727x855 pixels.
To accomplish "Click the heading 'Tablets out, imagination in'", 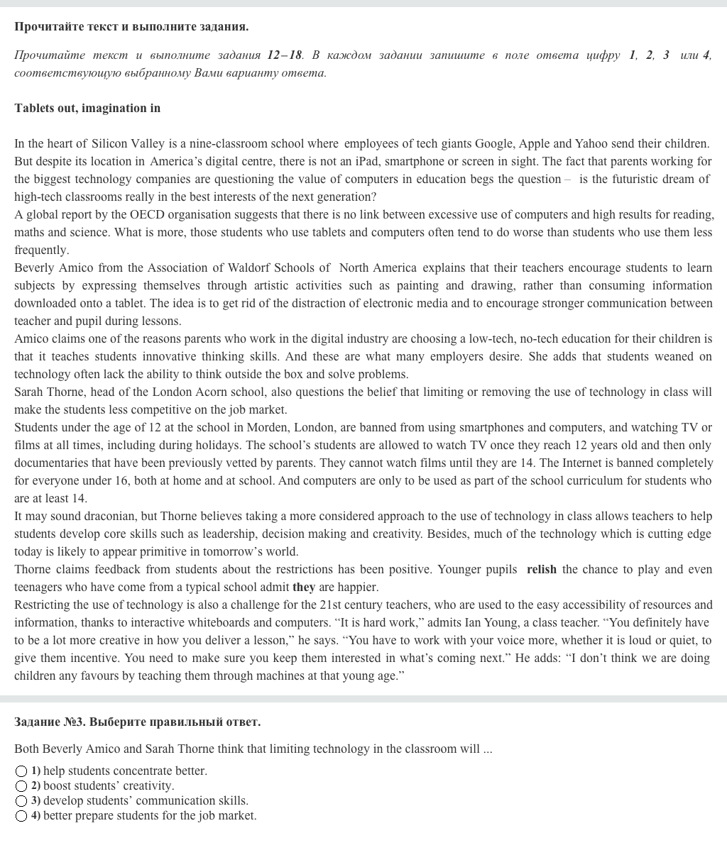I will click(87, 108).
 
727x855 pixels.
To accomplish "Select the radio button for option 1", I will click(21, 771).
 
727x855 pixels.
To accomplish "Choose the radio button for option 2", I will click(21, 786).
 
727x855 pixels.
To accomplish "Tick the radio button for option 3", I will click(21, 801).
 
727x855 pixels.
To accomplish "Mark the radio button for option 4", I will click(21, 816).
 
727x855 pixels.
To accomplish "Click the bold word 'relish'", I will click(542, 569).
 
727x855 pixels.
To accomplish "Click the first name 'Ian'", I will click(485, 622).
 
